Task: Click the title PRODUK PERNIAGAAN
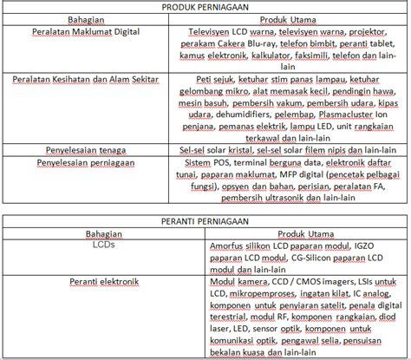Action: point(205,7)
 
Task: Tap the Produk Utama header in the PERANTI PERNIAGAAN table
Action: point(308,233)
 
